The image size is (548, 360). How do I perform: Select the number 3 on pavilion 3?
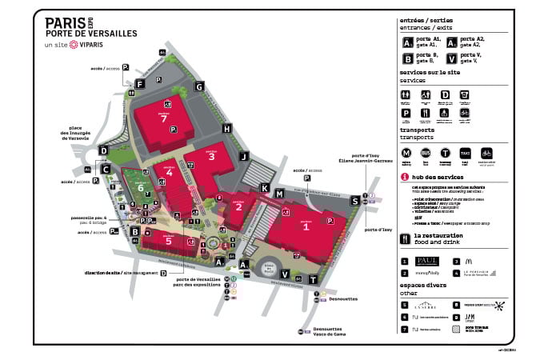click(x=211, y=157)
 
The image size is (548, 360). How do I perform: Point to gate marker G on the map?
click(x=199, y=86)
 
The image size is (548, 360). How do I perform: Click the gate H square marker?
click(x=227, y=129)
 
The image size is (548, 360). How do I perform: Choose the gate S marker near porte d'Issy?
click(x=354, y=201)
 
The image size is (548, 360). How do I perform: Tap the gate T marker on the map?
click(x=314, y=279)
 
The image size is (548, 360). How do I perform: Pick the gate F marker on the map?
click(x=139, y=83)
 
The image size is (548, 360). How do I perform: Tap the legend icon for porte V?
click(x=452, y=58)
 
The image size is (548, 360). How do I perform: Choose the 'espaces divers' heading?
click(x=426, y=287)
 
